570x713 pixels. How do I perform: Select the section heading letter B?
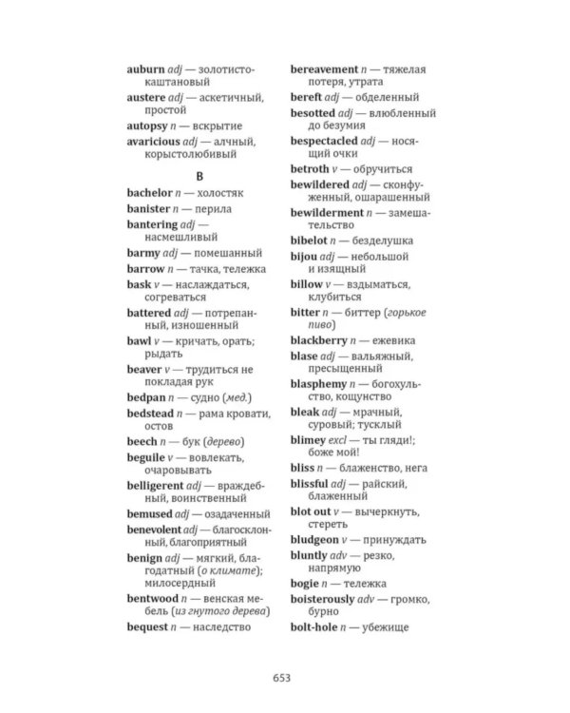[199, 176]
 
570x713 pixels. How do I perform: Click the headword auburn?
[145, 69]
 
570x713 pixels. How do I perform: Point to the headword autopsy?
[148, 125]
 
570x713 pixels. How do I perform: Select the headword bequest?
[147, 626]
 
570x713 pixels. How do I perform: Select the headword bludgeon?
[315, 539]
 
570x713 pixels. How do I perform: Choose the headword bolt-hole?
[315, 626]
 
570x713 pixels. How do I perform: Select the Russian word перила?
[212, 208]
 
